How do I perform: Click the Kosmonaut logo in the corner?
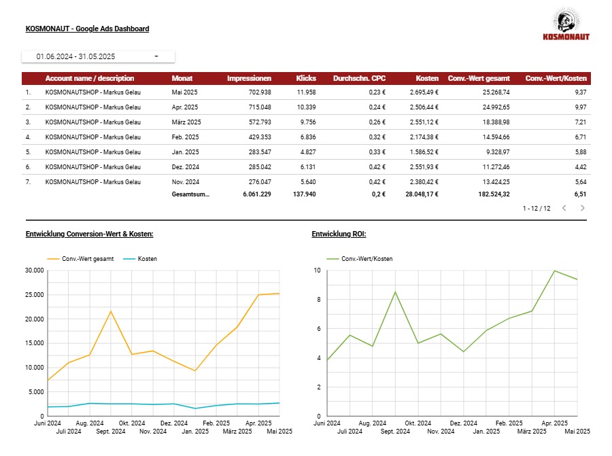coord(566,24)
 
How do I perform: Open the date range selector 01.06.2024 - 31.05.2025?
coord(98,56)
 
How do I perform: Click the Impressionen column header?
coord(249,78)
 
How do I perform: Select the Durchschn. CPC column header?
coord(359,78)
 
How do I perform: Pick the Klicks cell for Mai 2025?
coord(307,92)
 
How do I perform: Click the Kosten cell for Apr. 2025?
coord(424,107)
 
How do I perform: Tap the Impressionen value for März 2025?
coord(260,122)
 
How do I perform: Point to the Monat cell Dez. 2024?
coord(186,167)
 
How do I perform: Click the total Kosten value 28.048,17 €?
coord(422,194)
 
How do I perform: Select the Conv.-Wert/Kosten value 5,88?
coord(581,152)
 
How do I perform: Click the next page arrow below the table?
coord(583,209)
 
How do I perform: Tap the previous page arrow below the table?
coord(564,209)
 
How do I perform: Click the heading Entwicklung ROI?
coord(339,234)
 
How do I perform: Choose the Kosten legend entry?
coord(140,259)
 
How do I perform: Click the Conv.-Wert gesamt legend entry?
coord(80,259)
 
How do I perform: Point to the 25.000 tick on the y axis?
coord(35,295)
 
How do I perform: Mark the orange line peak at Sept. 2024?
coord(111,311)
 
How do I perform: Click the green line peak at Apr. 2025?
coord(555,270)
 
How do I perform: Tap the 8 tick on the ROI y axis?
coord(318,300)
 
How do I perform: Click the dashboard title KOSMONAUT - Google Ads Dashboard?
coord(88,29)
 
